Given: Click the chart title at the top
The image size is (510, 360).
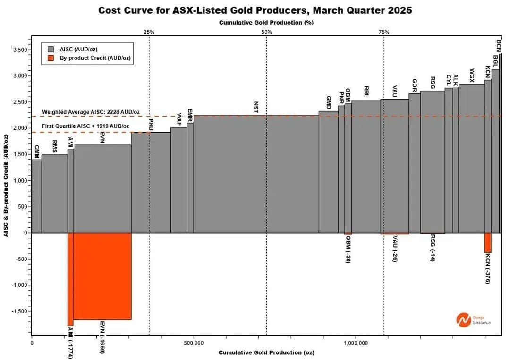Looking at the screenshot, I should click(x=255, y=10).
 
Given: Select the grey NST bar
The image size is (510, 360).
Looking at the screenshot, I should click(x=256, y=175).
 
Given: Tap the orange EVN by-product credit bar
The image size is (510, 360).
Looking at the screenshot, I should click(x=102, y=276).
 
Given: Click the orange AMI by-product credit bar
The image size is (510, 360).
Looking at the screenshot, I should click(x=70, y=278).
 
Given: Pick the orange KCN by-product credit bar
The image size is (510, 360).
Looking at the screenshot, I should click(x=488, y=243).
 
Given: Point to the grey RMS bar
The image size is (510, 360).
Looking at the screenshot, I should click(x=54, y=193).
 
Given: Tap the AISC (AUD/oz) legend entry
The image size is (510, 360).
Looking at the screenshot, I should click(x=78, y=49).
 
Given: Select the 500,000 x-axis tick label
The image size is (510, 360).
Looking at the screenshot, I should click(x=194, y=343).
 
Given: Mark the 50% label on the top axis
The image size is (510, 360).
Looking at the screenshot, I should click(x=266, y=32).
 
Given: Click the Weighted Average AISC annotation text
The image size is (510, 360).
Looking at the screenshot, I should click(x=91, y=112).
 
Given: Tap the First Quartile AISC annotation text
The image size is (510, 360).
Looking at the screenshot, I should click(x=86, y=126).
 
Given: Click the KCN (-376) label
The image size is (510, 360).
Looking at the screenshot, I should click(x=488, y=268).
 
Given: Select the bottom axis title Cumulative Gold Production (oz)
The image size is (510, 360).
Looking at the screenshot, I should click(x=266, y=352).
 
